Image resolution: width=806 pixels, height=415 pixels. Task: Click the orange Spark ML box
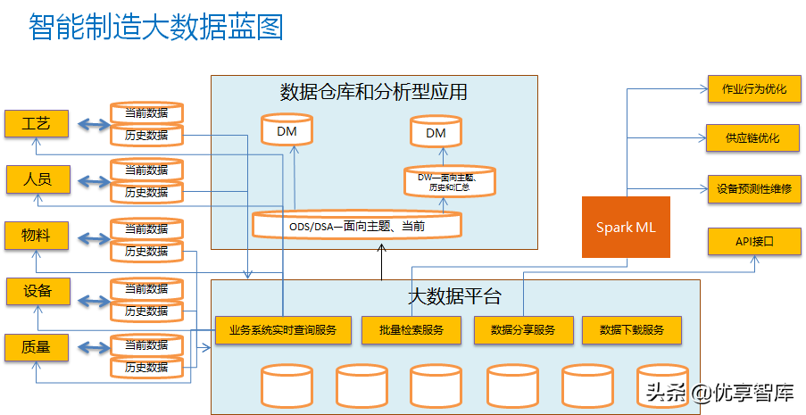click(x=626, y=227)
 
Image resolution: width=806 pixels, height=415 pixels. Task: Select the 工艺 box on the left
click(x=37, y=123)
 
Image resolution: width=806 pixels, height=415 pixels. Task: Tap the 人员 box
click(x=37, y=179)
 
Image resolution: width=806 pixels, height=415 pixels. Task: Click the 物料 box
click(x=37, y=236)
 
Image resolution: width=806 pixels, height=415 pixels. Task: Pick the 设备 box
click(x=37, y=291)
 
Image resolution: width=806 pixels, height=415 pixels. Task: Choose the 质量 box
click(x=37, y=346)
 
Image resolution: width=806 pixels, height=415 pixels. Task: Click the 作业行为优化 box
click(x=753, y=89)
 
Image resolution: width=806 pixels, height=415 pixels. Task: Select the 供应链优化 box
click(x=753, y=138)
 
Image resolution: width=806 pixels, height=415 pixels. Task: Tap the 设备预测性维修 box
click(x=753, y=188)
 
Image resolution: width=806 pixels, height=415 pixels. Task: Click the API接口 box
click(x=753, y=241)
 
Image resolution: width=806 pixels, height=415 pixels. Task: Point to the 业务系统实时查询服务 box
click(x=282, y=330)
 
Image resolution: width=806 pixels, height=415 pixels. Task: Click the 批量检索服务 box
click(x=411, y=330)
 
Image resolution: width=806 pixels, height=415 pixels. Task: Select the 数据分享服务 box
click(x=522, y=330)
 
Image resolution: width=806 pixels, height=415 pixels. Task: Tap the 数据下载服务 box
click(x=632, y=330)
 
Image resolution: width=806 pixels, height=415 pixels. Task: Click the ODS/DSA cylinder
click(x=356, y=224)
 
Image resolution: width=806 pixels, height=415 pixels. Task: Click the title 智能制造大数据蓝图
click(x=155, y=27)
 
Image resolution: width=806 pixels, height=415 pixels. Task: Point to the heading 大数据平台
click(x=454, y=295)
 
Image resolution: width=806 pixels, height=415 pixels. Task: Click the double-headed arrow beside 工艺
click(x=90, y=124)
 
